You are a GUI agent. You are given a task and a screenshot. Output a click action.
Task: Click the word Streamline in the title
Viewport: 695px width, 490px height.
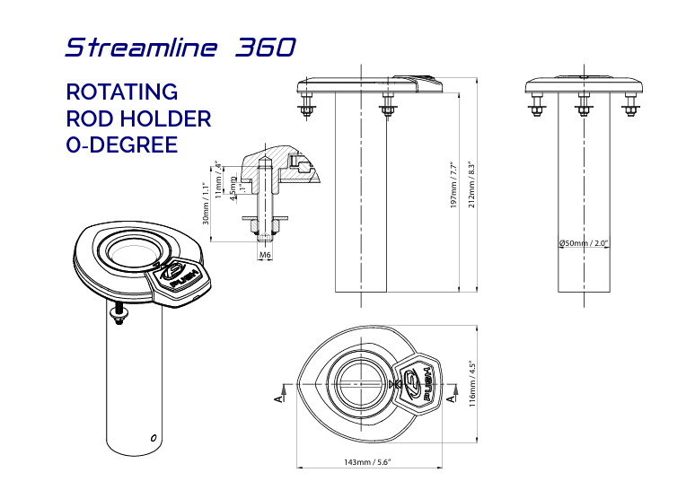point(140,48)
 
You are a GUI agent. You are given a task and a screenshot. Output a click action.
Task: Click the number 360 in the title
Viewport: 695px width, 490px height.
point(265,48)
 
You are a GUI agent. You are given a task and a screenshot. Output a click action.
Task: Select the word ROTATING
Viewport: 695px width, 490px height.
point(122,92)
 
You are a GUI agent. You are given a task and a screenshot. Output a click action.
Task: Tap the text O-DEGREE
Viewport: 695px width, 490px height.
point(122,144)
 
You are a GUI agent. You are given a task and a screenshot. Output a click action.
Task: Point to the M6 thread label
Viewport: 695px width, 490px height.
point(265,256)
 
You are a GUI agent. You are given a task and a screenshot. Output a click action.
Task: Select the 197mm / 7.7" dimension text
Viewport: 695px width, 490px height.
point(454,186)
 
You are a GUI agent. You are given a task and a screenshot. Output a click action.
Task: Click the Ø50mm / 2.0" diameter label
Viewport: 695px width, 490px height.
point(585,243)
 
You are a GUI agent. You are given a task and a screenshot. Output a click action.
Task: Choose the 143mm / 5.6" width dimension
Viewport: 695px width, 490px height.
point(367,462)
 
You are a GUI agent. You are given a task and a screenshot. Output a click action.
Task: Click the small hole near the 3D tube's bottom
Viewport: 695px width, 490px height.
point(154,437)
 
